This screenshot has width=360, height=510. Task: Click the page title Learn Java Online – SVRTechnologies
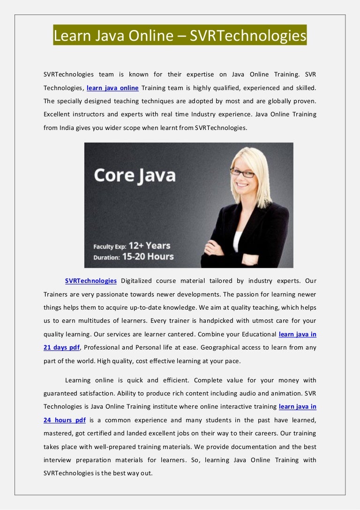coord(180,35)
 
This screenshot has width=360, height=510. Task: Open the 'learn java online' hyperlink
coord(112,88)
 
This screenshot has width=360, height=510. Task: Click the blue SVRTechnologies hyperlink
coord(91,281)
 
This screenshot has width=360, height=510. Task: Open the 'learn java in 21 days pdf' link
coord(297,335)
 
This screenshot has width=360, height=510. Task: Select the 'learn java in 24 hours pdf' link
coord(297,406)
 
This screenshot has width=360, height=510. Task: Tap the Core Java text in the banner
coord(135,175)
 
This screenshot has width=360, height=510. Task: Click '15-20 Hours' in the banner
coord(148,257)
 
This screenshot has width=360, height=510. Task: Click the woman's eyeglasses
coord(242,173)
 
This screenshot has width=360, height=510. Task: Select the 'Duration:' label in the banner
coord(106,257)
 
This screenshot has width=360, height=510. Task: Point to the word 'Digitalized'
coord(136,281)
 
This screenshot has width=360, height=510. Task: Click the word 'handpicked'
coord(219,321)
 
